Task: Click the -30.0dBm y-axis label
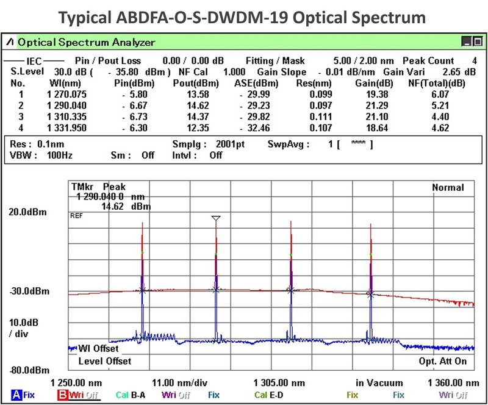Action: (29, 291)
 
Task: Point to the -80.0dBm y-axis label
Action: (29, 370)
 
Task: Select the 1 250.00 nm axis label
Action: (74, 383)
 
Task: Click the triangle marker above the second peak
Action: (215, 218)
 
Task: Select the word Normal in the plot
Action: (448, 187)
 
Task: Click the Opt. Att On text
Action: (443, 361)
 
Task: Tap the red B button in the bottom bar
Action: (62, 395)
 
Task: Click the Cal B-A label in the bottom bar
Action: (132, 395)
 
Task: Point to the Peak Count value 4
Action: (474, 61)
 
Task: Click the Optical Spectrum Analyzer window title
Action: (86, 43)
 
